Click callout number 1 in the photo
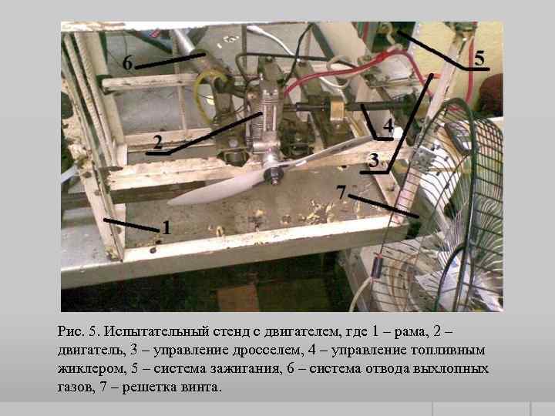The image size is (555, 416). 166,227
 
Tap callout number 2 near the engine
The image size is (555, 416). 158,143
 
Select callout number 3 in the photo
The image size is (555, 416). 373,160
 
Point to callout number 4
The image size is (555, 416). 388,126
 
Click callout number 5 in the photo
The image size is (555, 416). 479,58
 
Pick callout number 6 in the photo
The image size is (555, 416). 127,63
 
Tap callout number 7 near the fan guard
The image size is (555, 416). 341,193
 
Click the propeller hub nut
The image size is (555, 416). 275,175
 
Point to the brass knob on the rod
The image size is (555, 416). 338,109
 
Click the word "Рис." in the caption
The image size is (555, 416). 71,331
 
